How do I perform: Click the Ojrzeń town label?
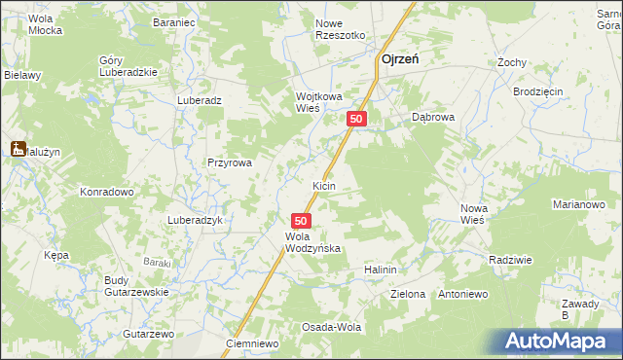point(399,58)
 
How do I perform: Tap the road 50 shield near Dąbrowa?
point(357,119)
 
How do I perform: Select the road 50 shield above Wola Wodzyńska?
point(301,222)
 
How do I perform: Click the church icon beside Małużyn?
point(17,149)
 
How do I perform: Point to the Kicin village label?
point(324,185)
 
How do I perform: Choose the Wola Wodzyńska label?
point(311,242)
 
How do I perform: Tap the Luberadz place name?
point(200,100)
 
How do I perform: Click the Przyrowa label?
point(230,163)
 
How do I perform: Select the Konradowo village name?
point(106,192)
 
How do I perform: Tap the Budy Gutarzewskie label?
point(136,286)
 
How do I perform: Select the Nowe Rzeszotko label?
point(340,29)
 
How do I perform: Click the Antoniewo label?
point(461,294)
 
